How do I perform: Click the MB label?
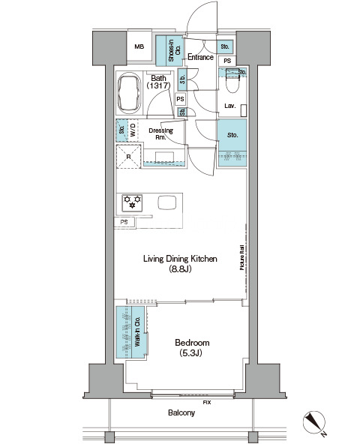(x=139, y=46)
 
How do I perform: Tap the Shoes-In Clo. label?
(x=175, y=50)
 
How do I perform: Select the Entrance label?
(x=200, y=57)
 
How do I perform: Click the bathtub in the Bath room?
(x=130, y=93)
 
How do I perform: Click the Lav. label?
(x=230, y=106)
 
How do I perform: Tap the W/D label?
(x=133, y=130)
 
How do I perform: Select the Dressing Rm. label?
(x=160, y=133)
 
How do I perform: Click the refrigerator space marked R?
(x=128, y=157)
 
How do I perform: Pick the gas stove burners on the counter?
(x=132, y=203)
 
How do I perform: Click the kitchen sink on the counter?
(x=167, y=202)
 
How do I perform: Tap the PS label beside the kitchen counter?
(x=124, y=222)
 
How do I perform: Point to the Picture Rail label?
(x=242, y=257)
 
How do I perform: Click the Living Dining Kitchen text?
(x=180, y=259)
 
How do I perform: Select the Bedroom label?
(x=192, y=343)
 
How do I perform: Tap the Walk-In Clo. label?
(x=137, y=331)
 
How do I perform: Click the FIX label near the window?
(x=207, y=402)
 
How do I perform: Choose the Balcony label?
(x=181, y=412)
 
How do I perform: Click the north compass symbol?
(x=314, y=422)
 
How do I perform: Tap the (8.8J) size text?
(x=180, y=268)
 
